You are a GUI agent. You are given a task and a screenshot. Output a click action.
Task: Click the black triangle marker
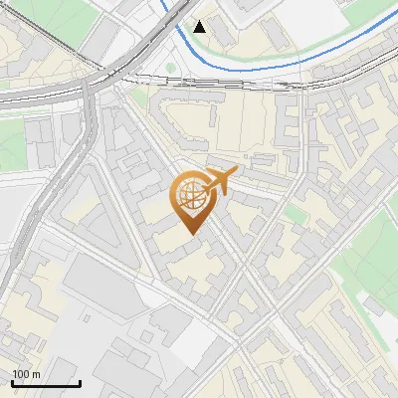tap(200, 26)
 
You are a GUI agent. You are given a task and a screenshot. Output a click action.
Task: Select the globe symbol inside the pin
tap(189, 196)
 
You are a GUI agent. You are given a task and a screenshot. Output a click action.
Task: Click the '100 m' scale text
tap(27, 374)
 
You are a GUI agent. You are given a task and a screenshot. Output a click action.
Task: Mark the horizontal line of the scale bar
tap(46, 383)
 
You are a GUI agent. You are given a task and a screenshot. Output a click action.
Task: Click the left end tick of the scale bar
tap(12, 380)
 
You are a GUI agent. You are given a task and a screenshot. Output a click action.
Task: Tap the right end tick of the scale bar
tap(80, 380)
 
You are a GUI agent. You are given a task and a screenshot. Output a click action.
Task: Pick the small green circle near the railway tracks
tap(169, 68)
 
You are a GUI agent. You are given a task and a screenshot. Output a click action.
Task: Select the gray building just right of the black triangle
tap(221, 36)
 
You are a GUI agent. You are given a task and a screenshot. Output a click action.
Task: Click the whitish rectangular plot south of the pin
tap(199, 343)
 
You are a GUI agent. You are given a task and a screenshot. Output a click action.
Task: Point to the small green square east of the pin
tap(294, 213)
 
